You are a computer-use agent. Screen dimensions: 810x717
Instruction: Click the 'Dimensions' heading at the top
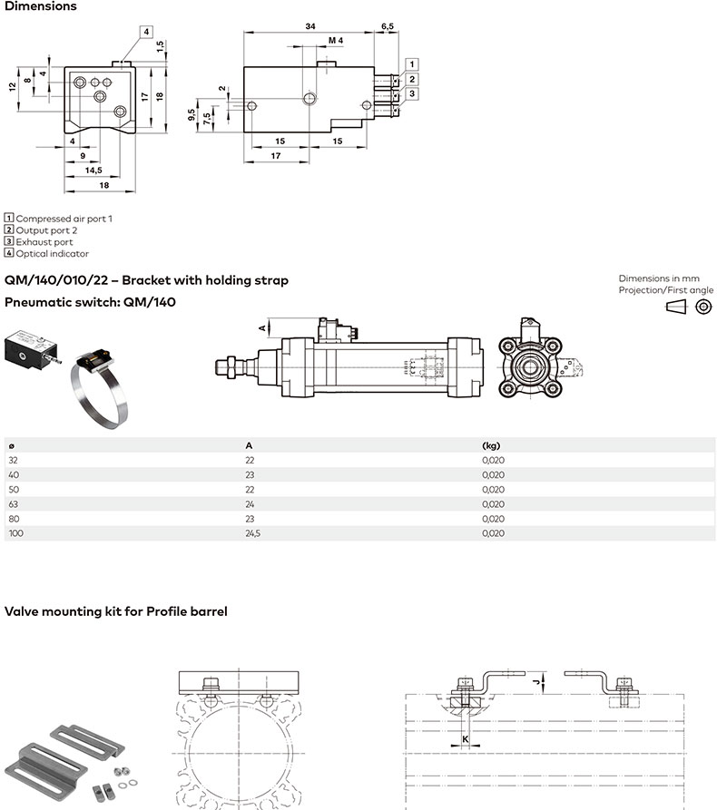pyautogui.click(x=41, y=6)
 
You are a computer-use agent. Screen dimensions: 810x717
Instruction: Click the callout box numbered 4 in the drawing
pyautogui.click(x=145, y=31)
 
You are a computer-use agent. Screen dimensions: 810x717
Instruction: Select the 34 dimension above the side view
pyautogui.click(x=310, y=27)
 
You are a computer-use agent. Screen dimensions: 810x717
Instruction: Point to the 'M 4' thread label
pyautogui.click(x=336, y=41)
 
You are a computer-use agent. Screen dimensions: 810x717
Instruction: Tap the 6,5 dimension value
pyautogui.click(x=388, y=27)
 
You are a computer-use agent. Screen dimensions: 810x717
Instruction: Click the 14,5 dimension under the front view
pyautogui.click(x=93, y=170)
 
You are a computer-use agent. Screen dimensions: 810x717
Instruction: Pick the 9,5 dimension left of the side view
pyautogui.click(x=192, y=114)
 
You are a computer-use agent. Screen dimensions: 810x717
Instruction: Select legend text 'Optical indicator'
pyautogui.click(x=52, y=254)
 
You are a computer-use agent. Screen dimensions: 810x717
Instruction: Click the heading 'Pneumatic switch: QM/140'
pyautogui.click(x=90, y=301)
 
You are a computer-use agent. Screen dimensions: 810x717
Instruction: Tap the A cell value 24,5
pyautogui.click(x=253, y=534)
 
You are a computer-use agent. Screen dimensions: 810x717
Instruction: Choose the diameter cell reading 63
pyautogui.click(x=13, y=504)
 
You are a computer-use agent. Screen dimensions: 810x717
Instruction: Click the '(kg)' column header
pyautogui.click(x=491, y=445)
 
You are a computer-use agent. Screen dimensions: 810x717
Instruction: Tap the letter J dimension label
pyautogui.click(x=536, y=679)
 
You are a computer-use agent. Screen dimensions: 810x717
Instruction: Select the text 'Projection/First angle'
pyautogui.click(x=666, y=290)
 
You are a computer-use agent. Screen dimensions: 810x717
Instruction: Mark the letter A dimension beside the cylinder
pyautogui.click(x=262, y=327)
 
